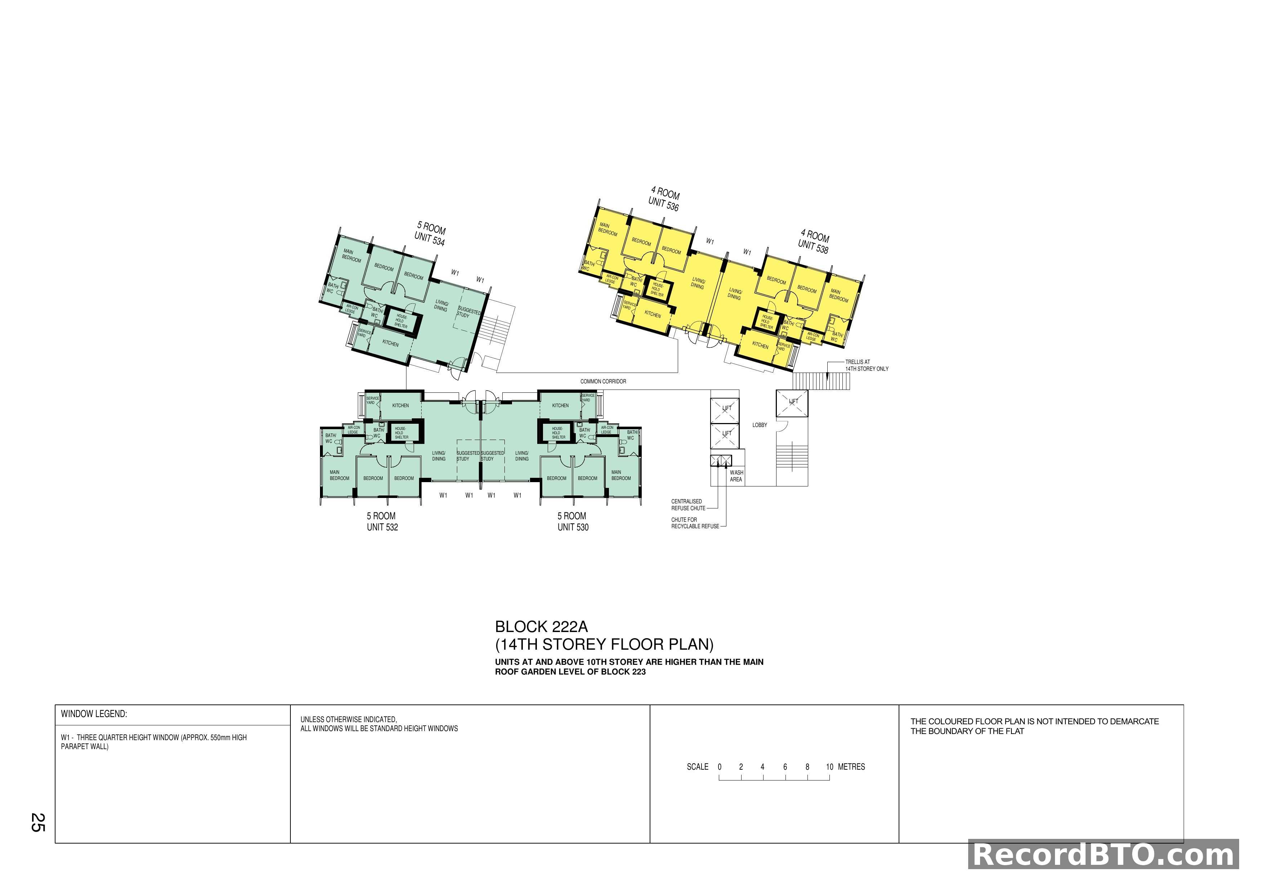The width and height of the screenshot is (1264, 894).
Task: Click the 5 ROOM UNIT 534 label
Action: [431, 234]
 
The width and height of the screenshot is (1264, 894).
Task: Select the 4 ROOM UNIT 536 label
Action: [664, 199]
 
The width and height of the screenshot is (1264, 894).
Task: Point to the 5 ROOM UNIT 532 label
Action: [382, 521]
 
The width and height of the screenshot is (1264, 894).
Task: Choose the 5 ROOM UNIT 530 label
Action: [573, 521]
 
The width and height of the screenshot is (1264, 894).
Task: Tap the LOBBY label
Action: [759, 425]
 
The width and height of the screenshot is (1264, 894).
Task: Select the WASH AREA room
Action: [736, 476]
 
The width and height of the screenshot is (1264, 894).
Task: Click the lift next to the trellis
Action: [792, 403]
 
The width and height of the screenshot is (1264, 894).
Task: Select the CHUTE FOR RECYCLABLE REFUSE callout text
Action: [694, 523]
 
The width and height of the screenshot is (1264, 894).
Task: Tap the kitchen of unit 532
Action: [400, 406]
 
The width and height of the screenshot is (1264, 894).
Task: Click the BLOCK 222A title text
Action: [541, 627]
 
